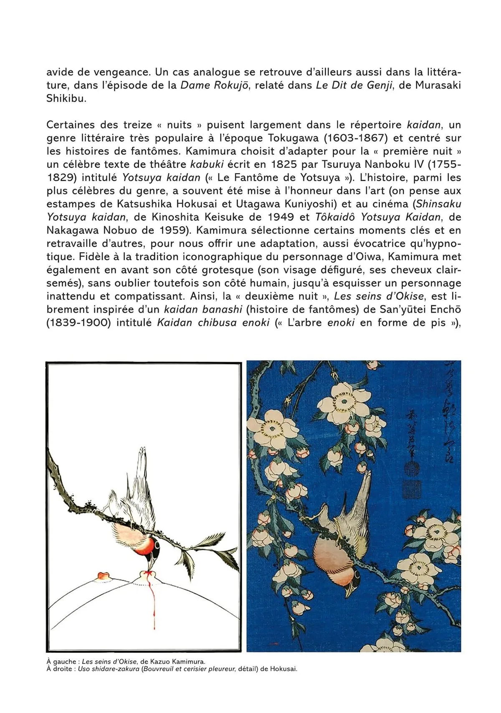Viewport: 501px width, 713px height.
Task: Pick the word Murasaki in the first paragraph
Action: pos(437,85)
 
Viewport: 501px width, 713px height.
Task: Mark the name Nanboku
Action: pos(395,164)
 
